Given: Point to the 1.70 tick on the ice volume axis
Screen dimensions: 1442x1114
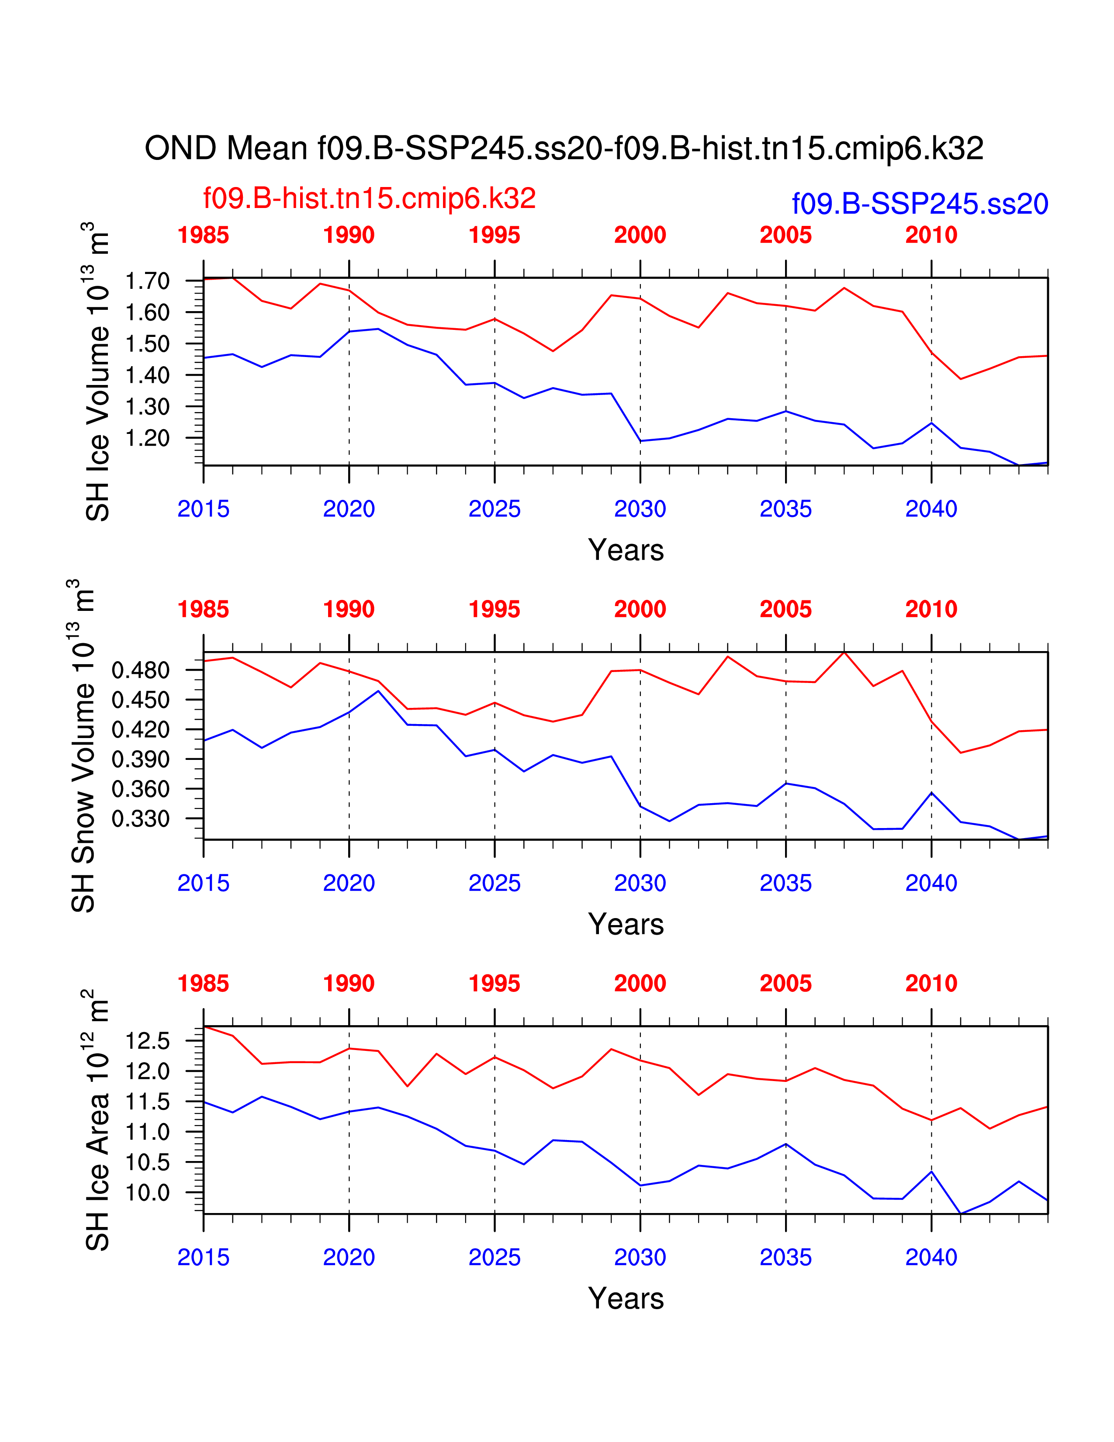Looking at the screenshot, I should click(147, 281).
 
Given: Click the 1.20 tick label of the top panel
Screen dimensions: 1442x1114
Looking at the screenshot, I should click(147, 438).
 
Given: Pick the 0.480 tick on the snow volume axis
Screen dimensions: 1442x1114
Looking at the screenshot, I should click(141, 671).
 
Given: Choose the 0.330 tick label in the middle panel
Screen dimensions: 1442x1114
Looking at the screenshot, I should click(141, 819).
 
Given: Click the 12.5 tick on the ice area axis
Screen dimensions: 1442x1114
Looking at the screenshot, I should click(147, 1041).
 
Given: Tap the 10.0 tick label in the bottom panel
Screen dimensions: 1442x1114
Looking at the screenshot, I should click(147, 1192).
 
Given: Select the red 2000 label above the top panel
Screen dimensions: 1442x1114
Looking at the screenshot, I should click(640, 235).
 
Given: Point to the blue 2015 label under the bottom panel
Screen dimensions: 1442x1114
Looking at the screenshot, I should click(203, 1257).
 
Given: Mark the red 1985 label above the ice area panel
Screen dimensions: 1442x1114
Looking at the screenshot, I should click(203, 983).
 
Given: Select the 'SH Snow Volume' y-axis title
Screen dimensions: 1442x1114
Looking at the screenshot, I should click(84, 746).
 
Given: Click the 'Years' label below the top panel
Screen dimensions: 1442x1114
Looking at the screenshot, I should click(626, 550).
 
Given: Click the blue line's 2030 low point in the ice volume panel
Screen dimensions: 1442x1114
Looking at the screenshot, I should click(640, 441).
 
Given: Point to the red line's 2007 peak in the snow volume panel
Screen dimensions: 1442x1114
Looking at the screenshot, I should click(844, 652).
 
